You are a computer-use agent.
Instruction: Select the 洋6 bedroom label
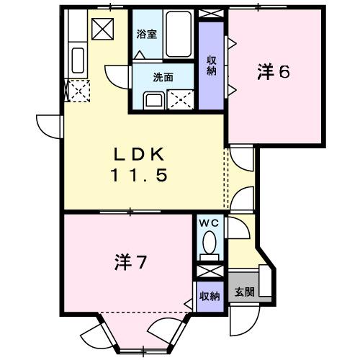pos(274,72)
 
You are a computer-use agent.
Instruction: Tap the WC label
pos(212,225)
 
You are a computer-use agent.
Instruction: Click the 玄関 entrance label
pos(244,292)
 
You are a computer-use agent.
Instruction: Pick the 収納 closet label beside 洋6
pos(212,65)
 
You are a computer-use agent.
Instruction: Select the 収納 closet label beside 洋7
pos(210,295)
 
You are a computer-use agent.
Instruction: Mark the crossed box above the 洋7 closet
pos(210,272)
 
